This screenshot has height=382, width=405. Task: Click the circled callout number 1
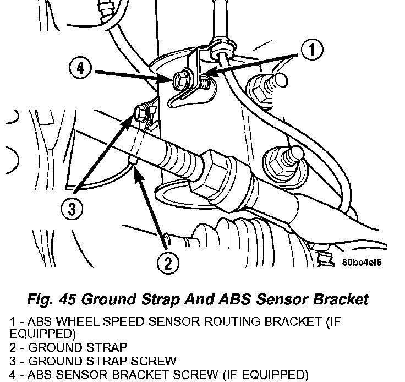pos(312,50)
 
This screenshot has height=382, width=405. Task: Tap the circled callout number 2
pos(168,264)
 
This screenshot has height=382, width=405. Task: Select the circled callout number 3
pos(72,209)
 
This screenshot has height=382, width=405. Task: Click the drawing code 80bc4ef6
pos(362,263)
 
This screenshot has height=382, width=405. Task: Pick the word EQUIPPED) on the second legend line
pos(42,334)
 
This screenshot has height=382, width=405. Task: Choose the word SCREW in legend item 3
pos(154,361)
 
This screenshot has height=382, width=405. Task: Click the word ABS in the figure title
pos(234,299)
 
